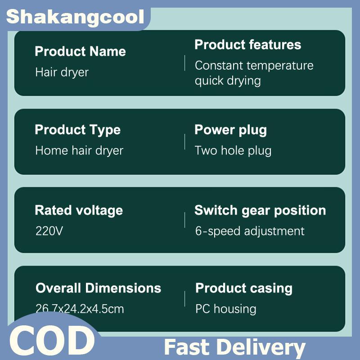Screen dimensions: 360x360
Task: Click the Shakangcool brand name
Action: point(75,17)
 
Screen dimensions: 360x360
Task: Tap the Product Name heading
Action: point(81,51)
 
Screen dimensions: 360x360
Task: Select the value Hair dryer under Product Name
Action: point(62,72)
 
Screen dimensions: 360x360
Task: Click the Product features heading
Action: point(248,45)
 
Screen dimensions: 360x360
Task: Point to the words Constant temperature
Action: point(254,65)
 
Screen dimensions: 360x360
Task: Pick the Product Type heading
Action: point(77,130)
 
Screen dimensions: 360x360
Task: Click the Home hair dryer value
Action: point(80,151)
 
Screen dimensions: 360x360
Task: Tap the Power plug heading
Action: point(230,130)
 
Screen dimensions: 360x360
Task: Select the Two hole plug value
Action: point(233,151)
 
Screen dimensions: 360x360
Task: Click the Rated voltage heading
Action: point(79,211)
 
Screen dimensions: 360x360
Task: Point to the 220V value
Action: point(49,231)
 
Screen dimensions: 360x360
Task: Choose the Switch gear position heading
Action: point(260,211)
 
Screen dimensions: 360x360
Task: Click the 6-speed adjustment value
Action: point(250,231)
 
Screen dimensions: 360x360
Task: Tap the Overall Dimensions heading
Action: point(98,288)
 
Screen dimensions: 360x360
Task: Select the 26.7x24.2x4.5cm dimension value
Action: point(80,309)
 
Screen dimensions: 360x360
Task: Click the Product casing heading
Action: point(244,288)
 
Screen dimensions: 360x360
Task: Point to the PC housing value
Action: point(226,309)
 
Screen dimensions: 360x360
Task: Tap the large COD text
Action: point(52,341)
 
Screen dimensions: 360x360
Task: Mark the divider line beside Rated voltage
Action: point(184,220)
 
